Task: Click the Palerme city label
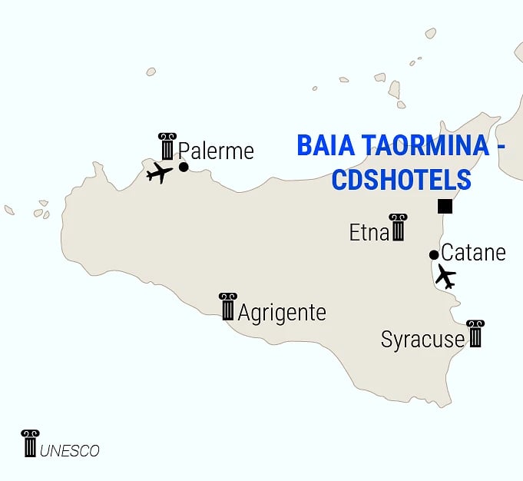[x=216, y=151]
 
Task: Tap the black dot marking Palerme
[x=184, y=167]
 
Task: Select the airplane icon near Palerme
[x=159, y=172]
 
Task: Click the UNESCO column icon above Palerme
[x=167, y=146]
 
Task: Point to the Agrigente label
[x=282, y=313]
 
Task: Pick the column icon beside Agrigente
[x=227, y=306]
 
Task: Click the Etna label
[x=369, y=233]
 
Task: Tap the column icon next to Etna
[x=398, y=227]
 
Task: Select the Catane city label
[x=474, y=252]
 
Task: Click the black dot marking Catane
[x=434, y=255]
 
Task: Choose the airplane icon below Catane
[x=445, y=276]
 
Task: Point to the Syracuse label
[x=422, y=340]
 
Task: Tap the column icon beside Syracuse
[x=475, y=333]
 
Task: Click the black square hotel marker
[x=445, y=206]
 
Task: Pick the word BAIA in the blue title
[x=321, y=145]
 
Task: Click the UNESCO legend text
[x=70, y=451]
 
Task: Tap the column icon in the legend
[x=30, y=443]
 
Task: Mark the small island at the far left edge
[x=9, y=210]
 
